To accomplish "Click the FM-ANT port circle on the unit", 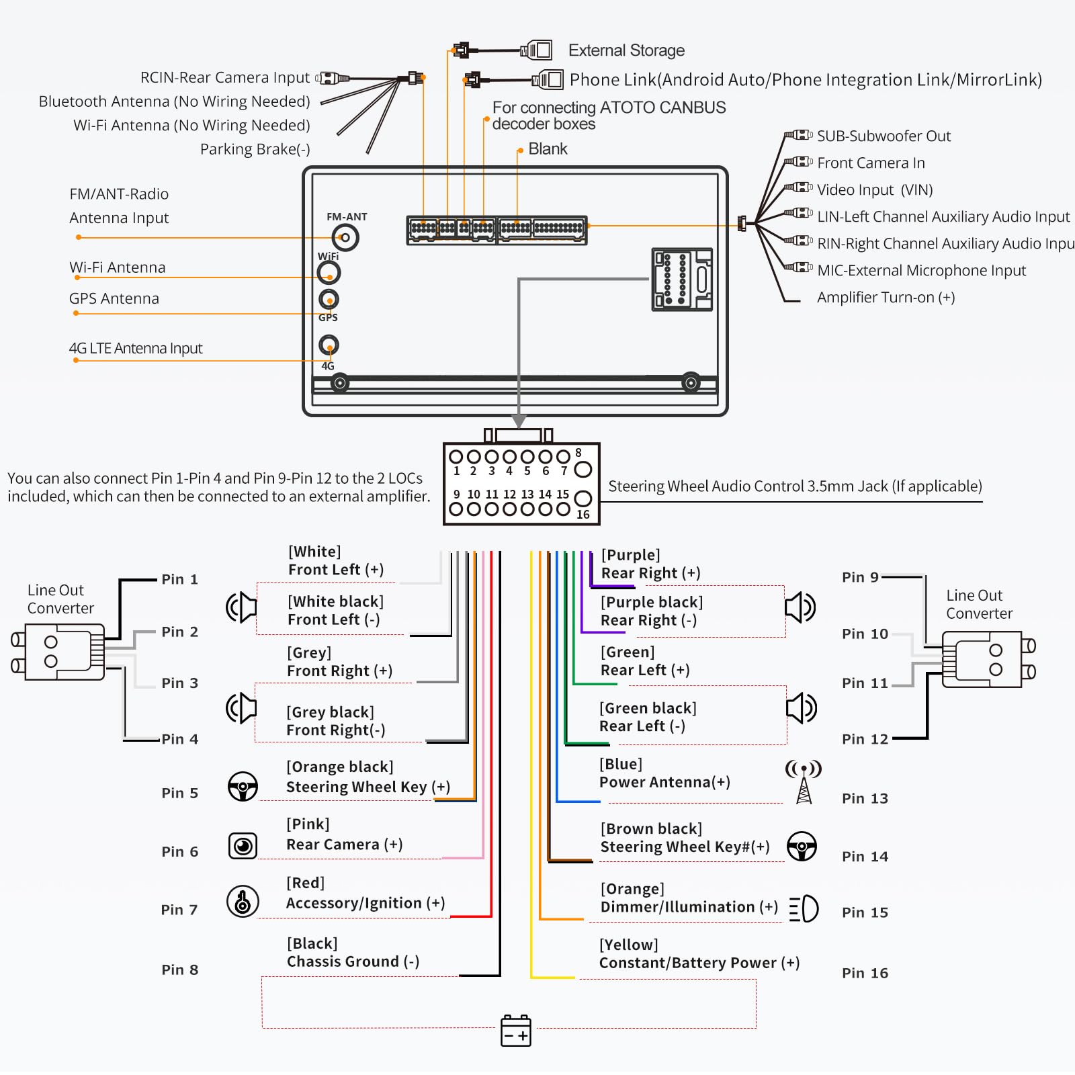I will [x=345, y=238].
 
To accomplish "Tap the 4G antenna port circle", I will [x=329, y=345].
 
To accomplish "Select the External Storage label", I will [x=626, y=50].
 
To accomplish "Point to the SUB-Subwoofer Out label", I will [x=884, y=136].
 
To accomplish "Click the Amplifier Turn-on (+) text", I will [x=886, y=298].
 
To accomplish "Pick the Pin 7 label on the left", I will [x=179, y=910].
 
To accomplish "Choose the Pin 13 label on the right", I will [x=865, y=798].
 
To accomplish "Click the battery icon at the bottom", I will [x=516, y=1031].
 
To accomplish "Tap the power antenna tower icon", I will [x=804, y=782].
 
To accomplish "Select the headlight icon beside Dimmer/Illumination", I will [x=804, y=909].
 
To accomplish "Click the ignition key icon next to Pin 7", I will [x=243, y=902].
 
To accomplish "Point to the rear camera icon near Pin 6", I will [x=243, y=845].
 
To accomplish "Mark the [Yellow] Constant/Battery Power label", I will [x=699, y=954].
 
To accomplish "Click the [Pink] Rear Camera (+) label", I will [x=344, y=834].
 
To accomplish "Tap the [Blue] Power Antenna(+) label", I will [x=664, y=773].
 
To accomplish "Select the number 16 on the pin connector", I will [x=583, y=515].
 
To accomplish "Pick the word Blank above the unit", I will [x=548, y=149].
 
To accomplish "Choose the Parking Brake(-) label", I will [x=255, y=149].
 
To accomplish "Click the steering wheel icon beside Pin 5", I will [x=243, y=786].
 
